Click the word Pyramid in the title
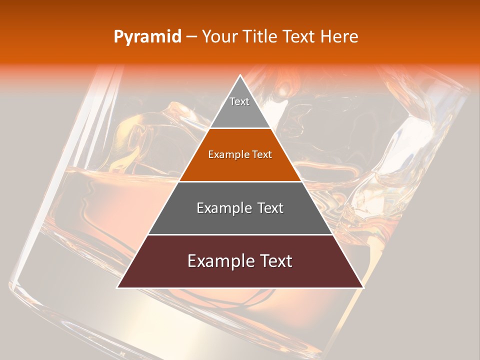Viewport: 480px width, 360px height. [x=147, y=37]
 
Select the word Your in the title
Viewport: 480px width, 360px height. [x=219, y=37]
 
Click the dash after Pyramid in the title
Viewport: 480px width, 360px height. [x=191, y=37]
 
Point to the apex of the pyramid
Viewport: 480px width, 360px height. [x=240, y=75]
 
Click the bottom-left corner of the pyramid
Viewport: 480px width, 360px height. [x=117, y=287]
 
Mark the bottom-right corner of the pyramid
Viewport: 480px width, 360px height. [x=363, y=287]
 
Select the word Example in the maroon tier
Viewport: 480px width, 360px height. [x=220, y=261]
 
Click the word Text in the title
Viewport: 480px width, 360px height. [x=302, y=37]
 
